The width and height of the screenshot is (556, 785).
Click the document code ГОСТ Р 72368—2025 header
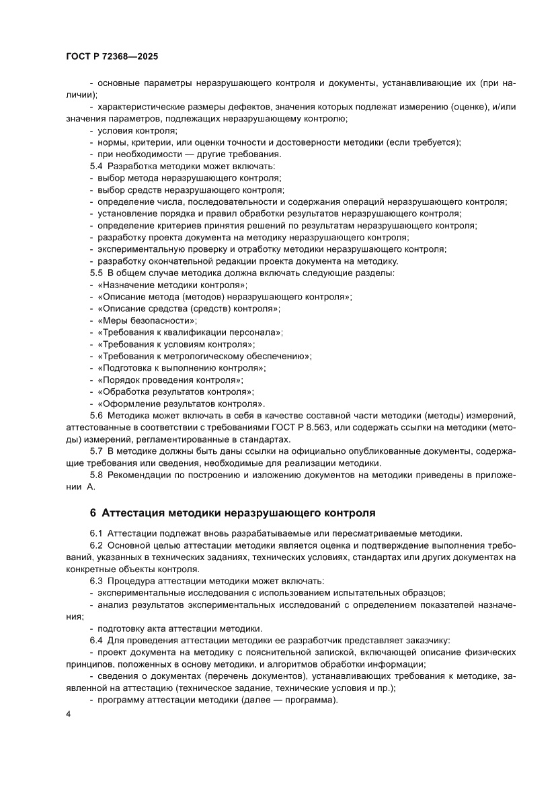[113, 58]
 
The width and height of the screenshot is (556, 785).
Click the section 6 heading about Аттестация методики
[232, 513]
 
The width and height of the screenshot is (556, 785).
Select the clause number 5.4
[96, 166]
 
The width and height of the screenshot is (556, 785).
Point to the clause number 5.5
[96, 273]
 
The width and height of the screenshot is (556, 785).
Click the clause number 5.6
[96, 416]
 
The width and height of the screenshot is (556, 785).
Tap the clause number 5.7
[96, 451]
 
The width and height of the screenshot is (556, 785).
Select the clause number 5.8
[96, 475]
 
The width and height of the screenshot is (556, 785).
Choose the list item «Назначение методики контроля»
[172, 285]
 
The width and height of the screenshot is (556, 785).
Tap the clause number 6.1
[96, 533]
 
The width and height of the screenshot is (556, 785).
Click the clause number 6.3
[96, 580]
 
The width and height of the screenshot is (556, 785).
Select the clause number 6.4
[96, 640]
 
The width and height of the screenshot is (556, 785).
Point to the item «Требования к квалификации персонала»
[190, 332]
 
